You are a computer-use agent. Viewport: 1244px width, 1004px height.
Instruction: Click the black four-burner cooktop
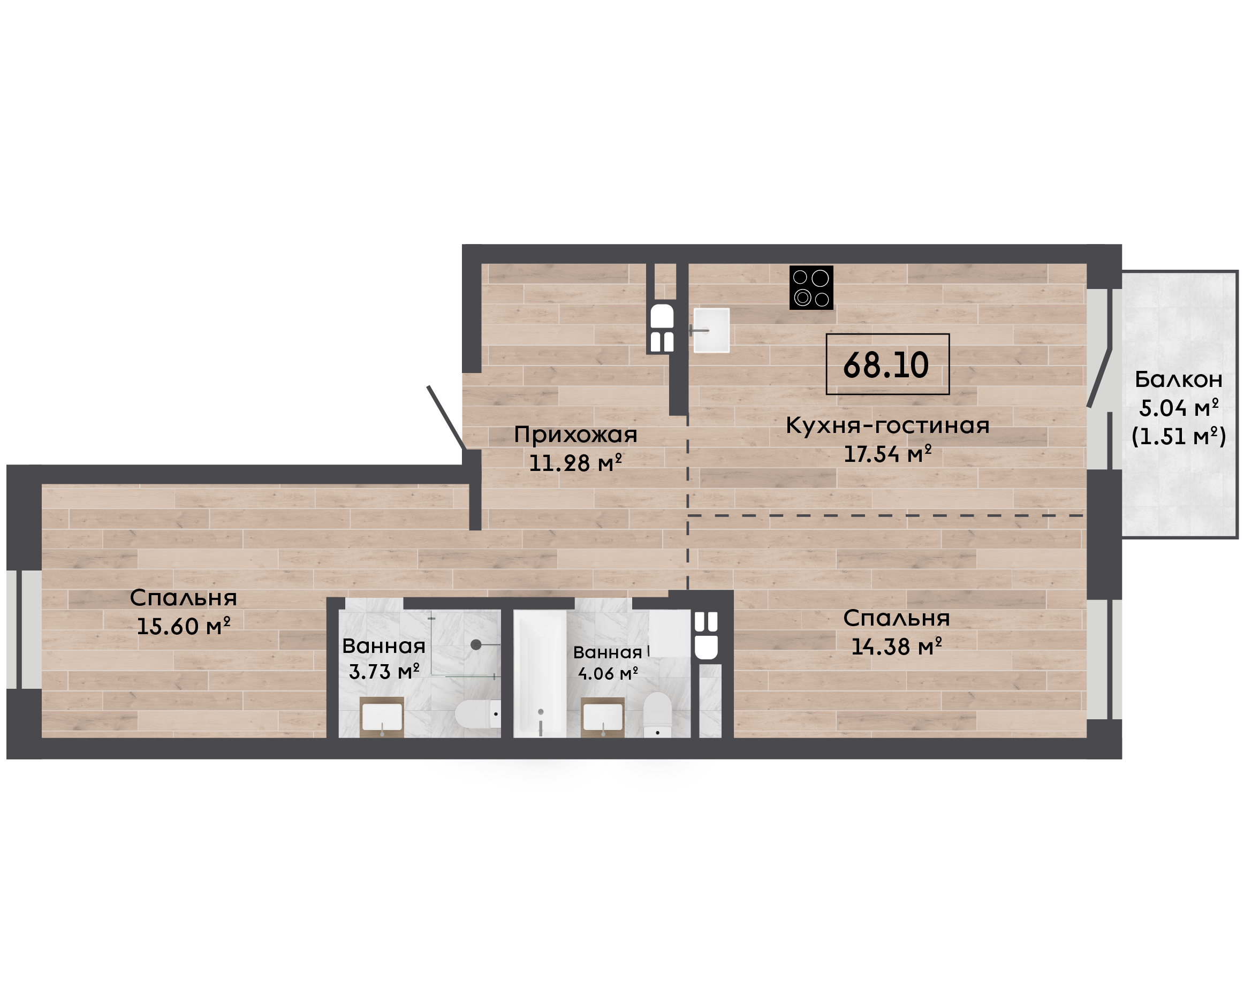(811, 287)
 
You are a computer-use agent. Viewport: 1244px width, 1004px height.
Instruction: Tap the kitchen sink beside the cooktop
(711, 330)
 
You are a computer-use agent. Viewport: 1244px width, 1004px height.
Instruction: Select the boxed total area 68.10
(887, 364)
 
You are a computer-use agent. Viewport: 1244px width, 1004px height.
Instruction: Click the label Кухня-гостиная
(887, 425)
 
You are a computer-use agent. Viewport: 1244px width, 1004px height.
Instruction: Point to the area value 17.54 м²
(887, 453)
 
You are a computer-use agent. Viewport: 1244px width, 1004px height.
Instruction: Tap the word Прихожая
(575, 435)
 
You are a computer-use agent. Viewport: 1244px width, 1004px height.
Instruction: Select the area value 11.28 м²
(575, 463)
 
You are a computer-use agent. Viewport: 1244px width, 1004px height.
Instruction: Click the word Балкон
(1178, 379)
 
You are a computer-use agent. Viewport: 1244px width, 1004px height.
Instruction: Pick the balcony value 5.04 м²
(1178, 408)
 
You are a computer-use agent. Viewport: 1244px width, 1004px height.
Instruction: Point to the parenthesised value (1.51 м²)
(1178, 436)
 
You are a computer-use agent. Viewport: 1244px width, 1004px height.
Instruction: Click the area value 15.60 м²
(183, 626)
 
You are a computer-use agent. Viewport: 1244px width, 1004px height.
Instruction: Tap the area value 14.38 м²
(896, 646)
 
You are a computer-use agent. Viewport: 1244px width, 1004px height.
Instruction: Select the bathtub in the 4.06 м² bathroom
(540, 674)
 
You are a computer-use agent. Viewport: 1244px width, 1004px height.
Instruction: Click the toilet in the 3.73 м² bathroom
(477, 714)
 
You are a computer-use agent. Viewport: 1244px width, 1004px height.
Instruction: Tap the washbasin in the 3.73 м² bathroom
(382, 717)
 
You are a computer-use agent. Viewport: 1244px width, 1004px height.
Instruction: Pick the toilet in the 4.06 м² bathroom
(657, 715)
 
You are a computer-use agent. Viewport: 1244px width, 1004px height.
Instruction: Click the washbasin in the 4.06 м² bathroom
(603, 718)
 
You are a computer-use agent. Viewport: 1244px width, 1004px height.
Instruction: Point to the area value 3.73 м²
(384, 671)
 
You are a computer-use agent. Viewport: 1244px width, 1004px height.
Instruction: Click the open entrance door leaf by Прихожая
(446, 417)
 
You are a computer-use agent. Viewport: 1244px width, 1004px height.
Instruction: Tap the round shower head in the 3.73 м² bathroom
(476, 644)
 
